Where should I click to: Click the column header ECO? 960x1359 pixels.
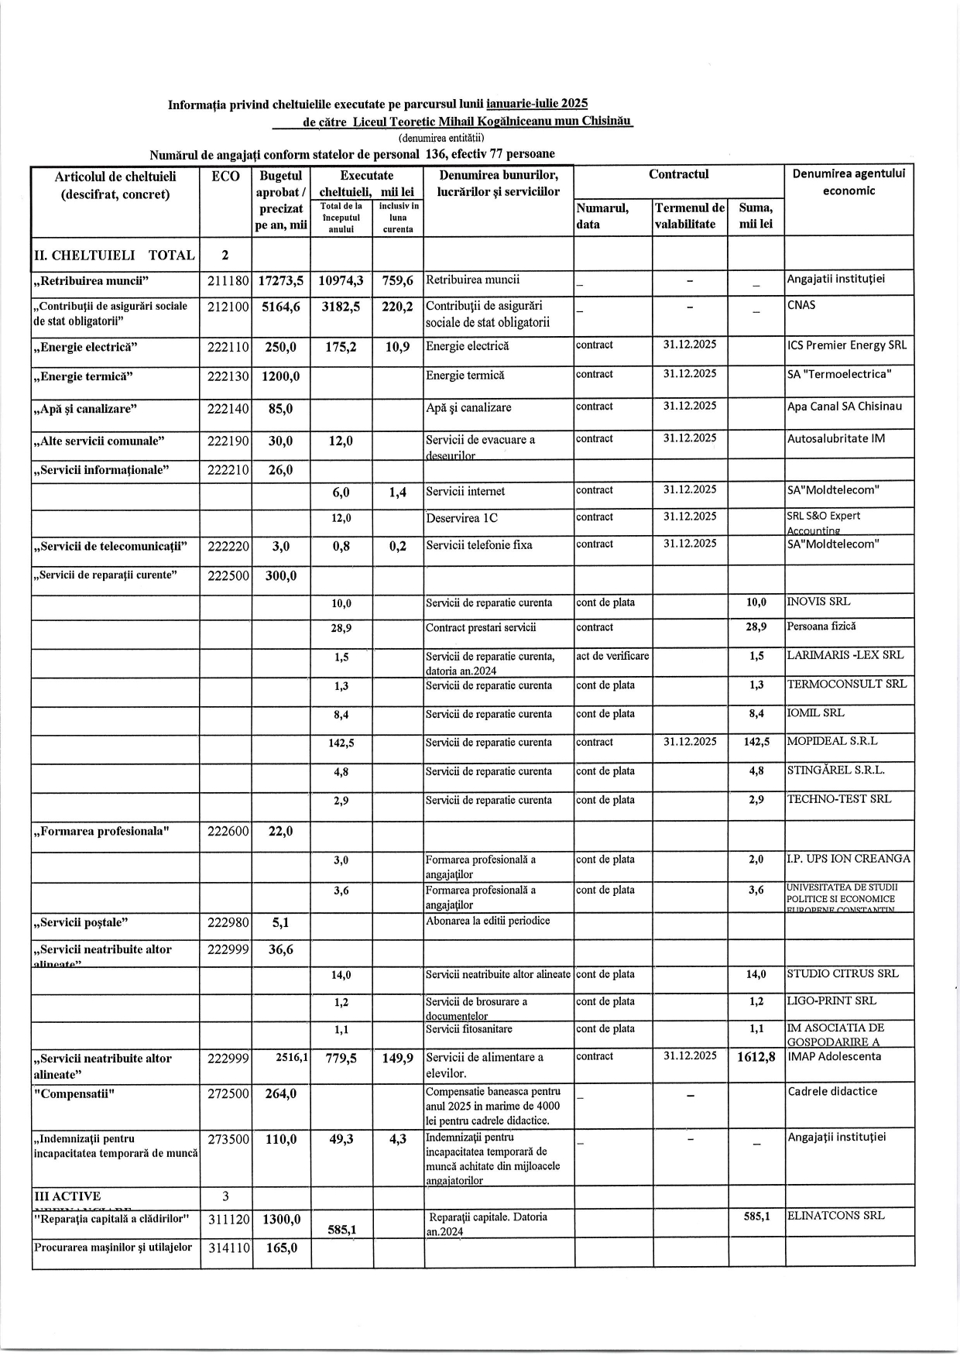click(225, 177)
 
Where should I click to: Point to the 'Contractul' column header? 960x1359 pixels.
click(678, 175)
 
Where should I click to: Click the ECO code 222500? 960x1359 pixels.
click(225, 576)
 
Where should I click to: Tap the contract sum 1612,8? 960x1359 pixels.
click(756, 1058)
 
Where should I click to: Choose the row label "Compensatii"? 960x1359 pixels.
click(74, 1093)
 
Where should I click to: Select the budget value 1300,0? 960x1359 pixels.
click(281, 1219)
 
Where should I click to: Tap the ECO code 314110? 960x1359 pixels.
click(225, 1248)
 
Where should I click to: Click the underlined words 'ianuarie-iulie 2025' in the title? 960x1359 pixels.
click(537, 103)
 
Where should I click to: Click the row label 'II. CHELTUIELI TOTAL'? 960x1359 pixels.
click(114, 256)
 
